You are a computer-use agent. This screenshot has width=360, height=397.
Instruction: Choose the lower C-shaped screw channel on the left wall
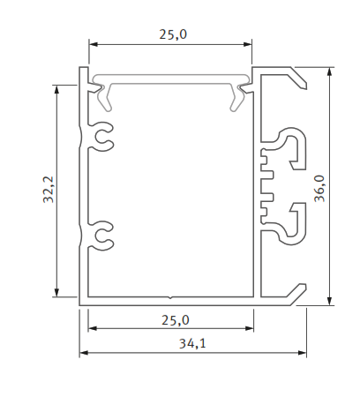pyautogui.click(x=102, y=235)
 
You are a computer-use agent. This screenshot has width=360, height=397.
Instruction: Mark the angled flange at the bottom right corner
pyautogui.click(x=294, y=293)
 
